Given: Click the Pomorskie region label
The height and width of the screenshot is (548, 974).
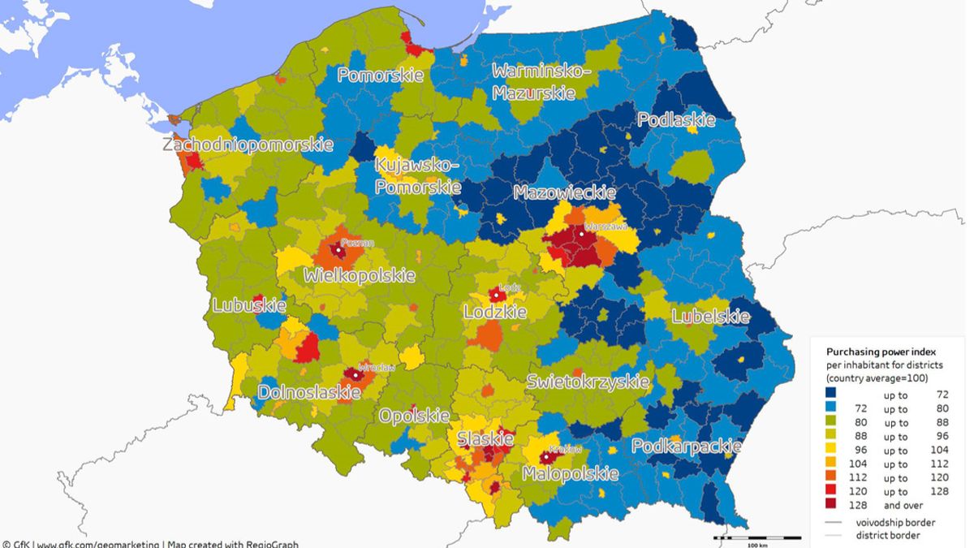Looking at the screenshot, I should click(381, 76).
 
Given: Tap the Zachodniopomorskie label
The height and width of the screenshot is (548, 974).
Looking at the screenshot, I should click(248, 145).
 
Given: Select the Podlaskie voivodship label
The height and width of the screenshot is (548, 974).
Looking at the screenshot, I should click(676, 120).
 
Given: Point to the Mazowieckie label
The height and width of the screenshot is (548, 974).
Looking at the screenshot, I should click(564, 192).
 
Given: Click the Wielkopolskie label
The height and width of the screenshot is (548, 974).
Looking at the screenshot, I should click(360, 276).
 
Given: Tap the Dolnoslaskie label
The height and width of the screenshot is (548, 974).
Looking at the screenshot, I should click(309, 393).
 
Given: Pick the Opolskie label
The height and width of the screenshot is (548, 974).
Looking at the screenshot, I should click(412, 416).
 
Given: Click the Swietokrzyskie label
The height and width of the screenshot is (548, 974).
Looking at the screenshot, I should click(588, 382).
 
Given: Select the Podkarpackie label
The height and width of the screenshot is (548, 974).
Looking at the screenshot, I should click(686, 447).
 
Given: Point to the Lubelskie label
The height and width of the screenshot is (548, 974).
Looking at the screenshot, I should click(710, 317).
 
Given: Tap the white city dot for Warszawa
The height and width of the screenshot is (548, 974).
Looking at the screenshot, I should click(582, 235).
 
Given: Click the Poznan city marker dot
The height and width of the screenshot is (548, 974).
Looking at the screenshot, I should click(338, 250).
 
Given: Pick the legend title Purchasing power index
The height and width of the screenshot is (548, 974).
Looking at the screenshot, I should click(881, 352).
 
